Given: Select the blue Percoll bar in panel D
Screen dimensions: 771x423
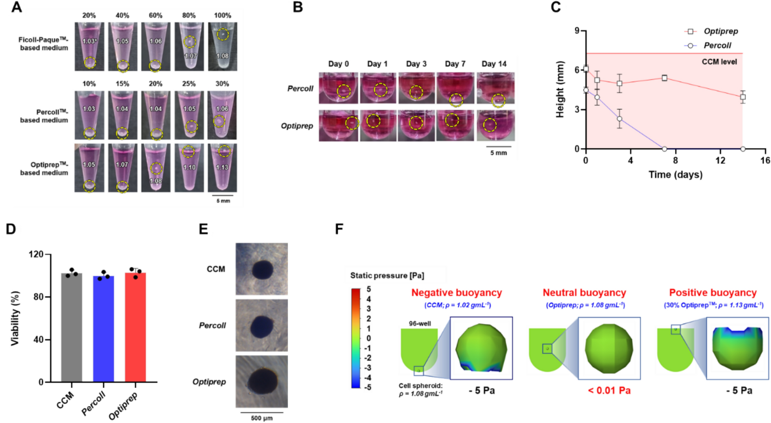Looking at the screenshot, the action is point(103,329).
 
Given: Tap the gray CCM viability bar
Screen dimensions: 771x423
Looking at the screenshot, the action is point(72,327).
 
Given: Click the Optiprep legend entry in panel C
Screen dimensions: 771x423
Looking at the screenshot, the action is point(711,31).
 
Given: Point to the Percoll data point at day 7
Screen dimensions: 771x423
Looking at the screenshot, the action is point(664,149).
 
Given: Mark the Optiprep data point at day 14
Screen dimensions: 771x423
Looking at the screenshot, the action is point(743,97).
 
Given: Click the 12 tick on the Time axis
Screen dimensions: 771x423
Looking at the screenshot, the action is point(720,160).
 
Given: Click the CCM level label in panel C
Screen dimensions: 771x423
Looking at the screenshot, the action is point(719,61).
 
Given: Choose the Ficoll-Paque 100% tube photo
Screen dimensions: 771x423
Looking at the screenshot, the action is point(223,47).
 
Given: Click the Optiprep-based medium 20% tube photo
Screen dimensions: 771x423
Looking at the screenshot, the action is point(156,168).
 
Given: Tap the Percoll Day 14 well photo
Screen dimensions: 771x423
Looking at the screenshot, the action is point(496,88).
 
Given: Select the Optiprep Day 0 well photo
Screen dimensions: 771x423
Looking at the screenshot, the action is point(338,126).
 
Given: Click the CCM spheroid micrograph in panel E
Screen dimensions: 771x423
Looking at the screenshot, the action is point(262,269).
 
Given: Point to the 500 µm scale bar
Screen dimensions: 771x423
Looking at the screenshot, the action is point(262,412).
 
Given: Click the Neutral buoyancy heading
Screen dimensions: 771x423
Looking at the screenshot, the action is point(585,293).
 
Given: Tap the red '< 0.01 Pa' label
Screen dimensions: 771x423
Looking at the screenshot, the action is point(609,390).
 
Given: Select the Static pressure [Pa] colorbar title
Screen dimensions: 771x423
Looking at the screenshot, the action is point(387,276).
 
